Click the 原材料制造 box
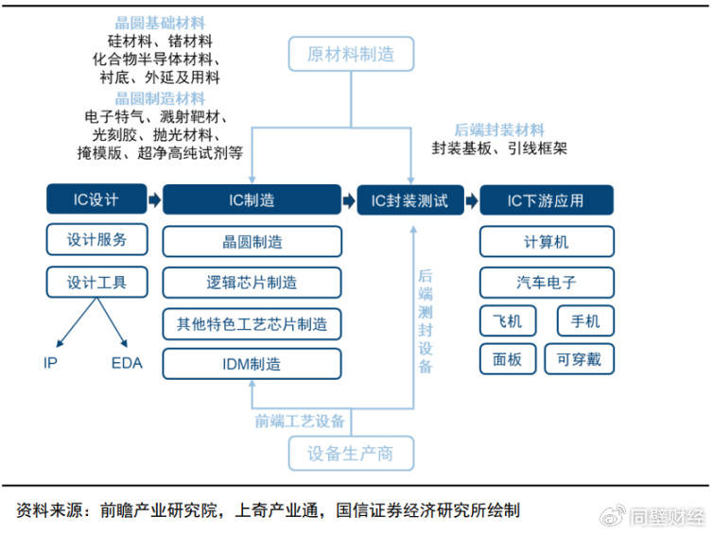pyautogui.click(x=351, y=54)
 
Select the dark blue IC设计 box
pyautogui.click(x=96, y=199)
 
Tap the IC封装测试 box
pyautogui.click(x=410, y=200)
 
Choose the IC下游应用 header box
pyautogui.click(x=547, y=200)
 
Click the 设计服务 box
pyautogui.click(x=96, y=239)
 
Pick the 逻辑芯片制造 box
pyautogui.click(x=252, y=283)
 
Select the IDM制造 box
pyautogui.click(x=252, y=364)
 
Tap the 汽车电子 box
pyautogui.click(x=547, y=283)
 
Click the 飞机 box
pyautogui.click(x=508, y=321)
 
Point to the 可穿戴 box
pyautogui.click(x=580, y=359)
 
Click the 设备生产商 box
pyautogui.click(x=351, y=453)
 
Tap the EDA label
pyautogui.click(x=127, y=363)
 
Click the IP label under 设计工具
pyautogui.click(x=50, y=363)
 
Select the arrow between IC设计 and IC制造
pyautogui.click(x=154, y=199)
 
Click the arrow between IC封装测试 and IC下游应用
pyautogui.click(x=472, y=200)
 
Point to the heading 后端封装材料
pyautogui.click(x=499, y=130)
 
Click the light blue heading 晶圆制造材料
pyautogui.click(x=160, y=98)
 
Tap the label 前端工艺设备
pyautogui.click(x=300, y=421)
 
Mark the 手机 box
pyautogui.click(x=585, y=321)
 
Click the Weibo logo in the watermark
pyautogui.click(x=613, y=516)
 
